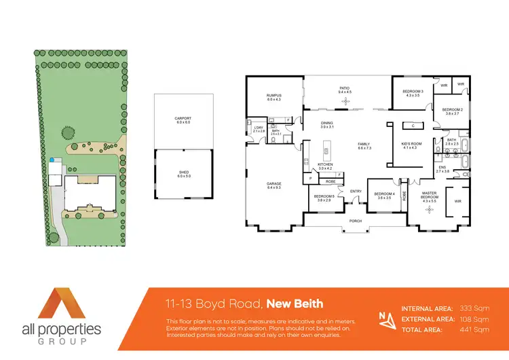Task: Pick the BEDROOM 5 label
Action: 324,198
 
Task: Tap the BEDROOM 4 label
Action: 384,194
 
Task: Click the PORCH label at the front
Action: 354,221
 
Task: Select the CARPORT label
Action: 183,120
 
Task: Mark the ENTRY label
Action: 356,191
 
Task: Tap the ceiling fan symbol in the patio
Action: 345,101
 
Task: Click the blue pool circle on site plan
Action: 52,160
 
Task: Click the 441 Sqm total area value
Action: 476,329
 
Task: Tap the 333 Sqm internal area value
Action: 476,308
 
